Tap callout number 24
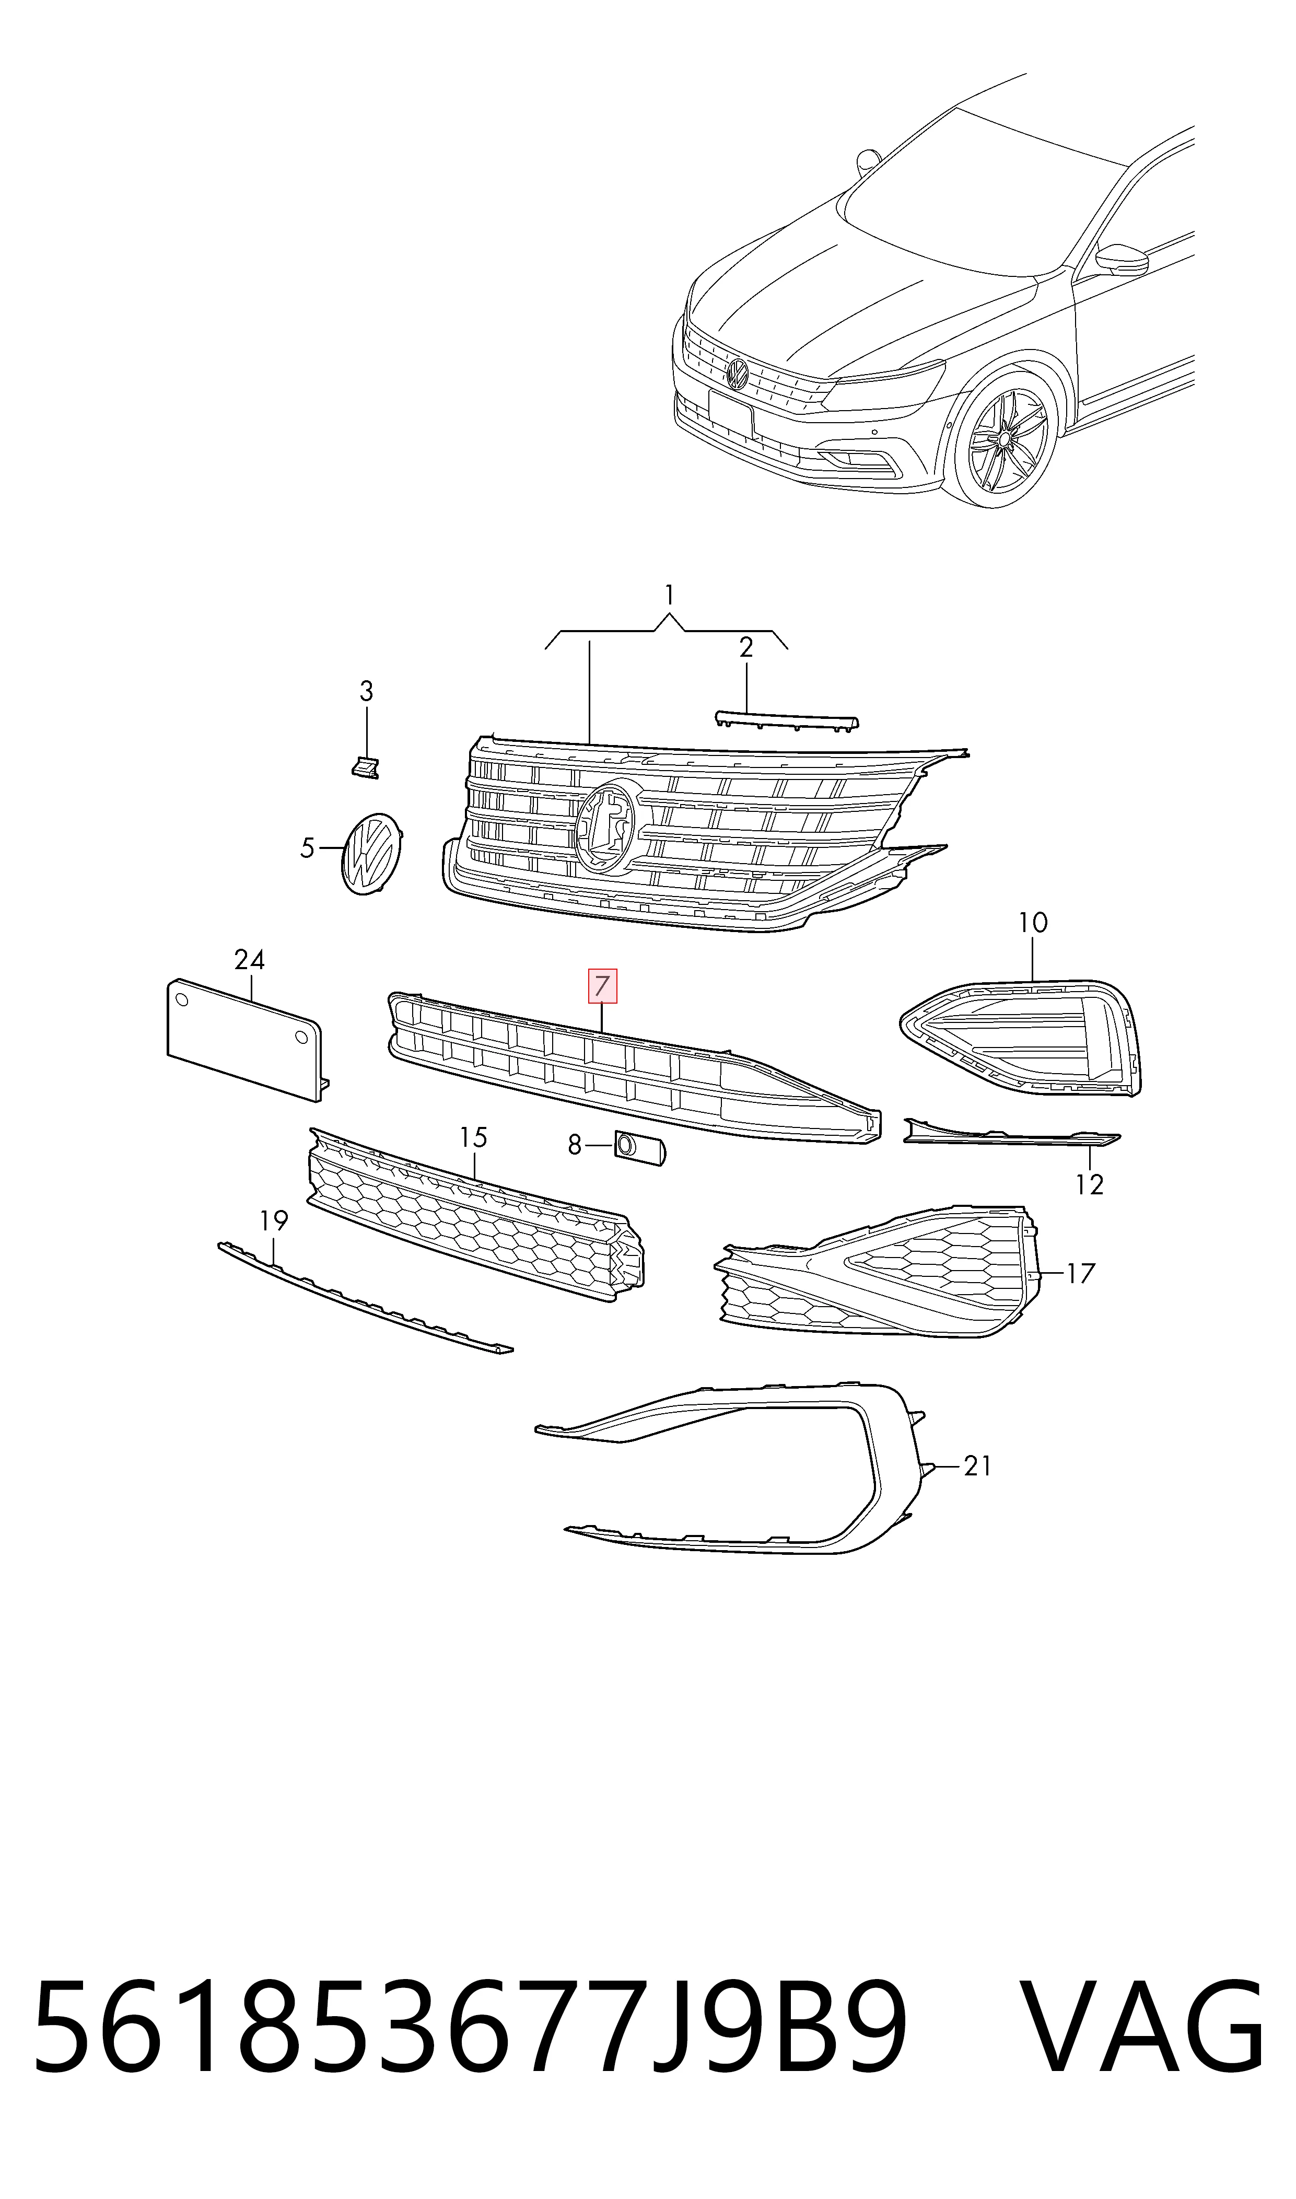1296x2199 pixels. [x=250, y=960]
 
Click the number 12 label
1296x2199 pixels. [x=1090, y=1184]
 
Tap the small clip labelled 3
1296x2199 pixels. [x=365, y=767]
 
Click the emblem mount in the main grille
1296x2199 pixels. [x=606, y=826]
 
